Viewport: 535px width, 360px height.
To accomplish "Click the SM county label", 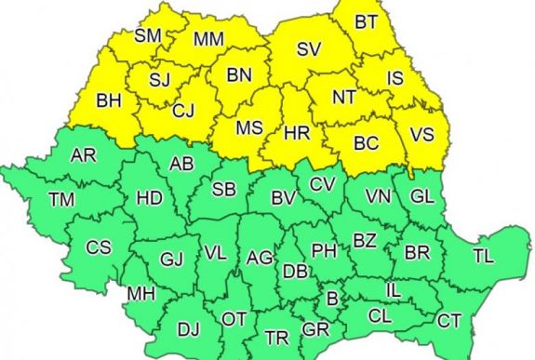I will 147,35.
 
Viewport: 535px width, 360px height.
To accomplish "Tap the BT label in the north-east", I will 366,20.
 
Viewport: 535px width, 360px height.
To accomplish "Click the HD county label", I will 149,197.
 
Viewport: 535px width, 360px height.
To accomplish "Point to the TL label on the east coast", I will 484,255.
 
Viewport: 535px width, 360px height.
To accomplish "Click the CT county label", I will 449,321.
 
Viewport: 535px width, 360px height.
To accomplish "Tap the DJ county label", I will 188,328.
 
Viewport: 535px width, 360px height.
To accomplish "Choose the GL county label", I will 421,196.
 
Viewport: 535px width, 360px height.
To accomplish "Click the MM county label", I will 208,38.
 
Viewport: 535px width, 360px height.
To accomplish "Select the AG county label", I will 261,257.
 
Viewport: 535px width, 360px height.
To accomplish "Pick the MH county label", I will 140,294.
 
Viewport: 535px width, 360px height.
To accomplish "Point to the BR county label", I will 416,251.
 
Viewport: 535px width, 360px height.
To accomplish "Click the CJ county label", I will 182,111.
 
